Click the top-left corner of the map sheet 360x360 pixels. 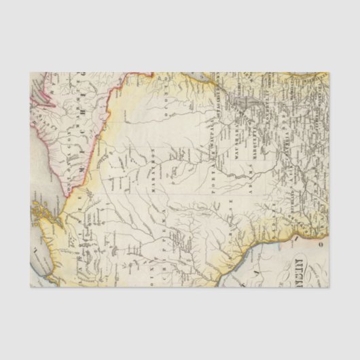(x=31, y=73)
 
